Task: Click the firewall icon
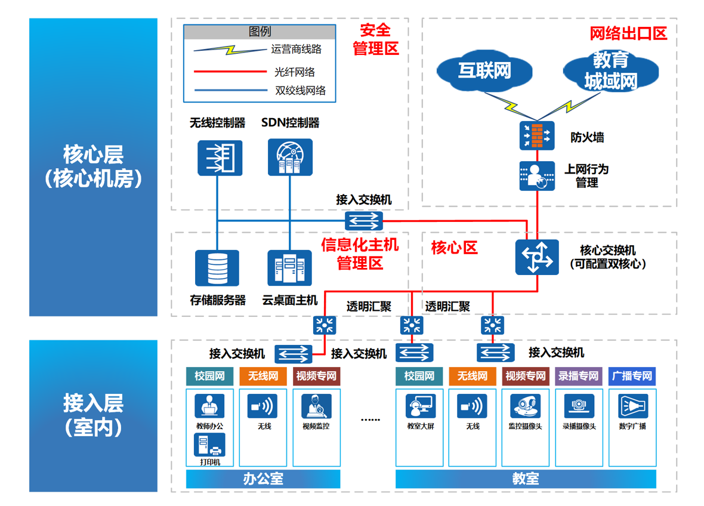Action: pos(536,135)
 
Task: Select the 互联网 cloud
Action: pos(484,70)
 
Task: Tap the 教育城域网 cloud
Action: pos(610,70)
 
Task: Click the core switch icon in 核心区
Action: pos(537,257)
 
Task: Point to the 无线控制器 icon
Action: pos(220,158)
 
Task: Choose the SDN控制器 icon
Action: pos(290,158)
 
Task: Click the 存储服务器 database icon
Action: pos(217,268)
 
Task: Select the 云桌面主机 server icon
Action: pos(290,268)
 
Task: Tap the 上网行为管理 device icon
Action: pos(536,176)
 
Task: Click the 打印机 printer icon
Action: pos(209,445)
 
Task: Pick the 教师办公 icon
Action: pos(209,406)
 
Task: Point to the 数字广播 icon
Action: pos(633,406)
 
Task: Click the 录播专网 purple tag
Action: pos(578,376)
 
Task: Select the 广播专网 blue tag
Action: pos(632,376)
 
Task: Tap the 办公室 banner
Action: pos(263,479)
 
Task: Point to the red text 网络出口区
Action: pos(628,33)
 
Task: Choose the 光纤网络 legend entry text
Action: pos(295,72)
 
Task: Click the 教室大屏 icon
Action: pos(419,406)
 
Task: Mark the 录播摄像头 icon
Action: pos(578,406)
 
